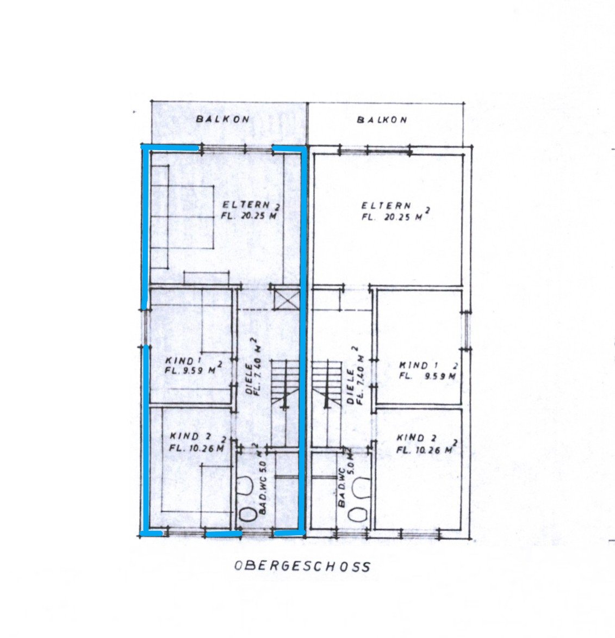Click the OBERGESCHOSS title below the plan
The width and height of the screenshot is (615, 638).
(x=302, y=566)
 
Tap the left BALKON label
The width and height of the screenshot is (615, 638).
(x=222, y=119)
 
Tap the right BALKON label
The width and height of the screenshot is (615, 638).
(x=382, y=120)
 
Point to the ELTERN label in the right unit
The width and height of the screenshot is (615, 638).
(x=386, y=206)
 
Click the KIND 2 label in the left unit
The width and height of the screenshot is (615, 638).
(x=190, y=436)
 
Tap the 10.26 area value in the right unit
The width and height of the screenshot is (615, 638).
(x=432, y=450)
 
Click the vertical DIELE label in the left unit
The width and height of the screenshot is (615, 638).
(x=249, y=379)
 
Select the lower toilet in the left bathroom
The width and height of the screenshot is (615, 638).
(x=246, y=514)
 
